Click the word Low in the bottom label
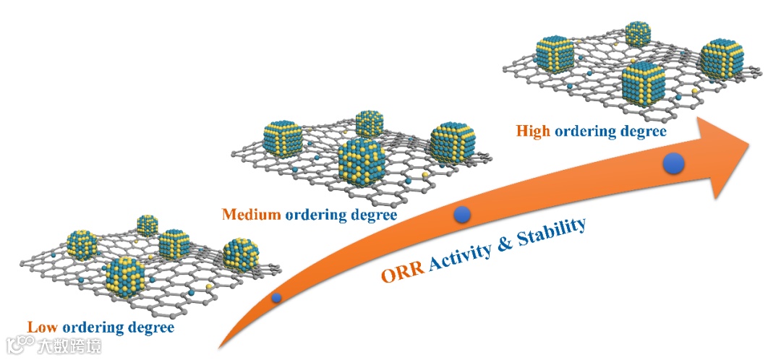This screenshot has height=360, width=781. point(40,327)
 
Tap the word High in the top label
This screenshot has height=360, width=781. point(533,132)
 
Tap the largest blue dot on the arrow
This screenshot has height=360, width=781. point(675,165)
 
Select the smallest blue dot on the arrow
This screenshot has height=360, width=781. point(276,297)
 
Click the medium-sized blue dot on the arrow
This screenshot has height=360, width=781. point(462,214)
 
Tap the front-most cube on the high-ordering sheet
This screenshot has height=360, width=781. point(642,85)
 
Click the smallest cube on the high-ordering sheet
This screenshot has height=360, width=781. point(638,34)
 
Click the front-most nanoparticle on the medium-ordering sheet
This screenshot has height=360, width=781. point(362,160)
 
